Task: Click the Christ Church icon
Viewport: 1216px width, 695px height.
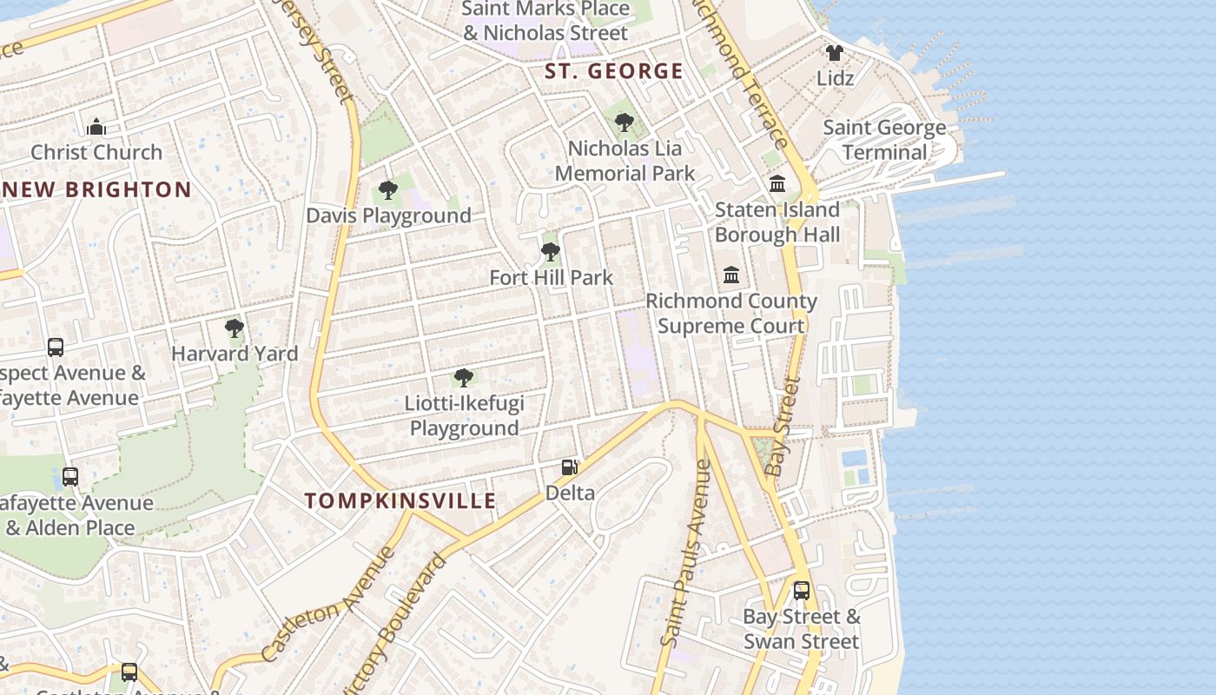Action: (x=96, y=128)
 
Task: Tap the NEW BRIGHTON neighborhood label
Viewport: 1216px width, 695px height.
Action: (x=96, y=189)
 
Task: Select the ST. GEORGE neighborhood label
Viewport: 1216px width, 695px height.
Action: (x=614, y=71)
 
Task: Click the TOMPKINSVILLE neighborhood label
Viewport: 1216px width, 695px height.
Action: (x=401, y=500)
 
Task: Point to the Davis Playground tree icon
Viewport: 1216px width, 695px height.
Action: (x=388, y=190)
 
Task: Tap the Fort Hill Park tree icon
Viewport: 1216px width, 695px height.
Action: (x=550, y=252)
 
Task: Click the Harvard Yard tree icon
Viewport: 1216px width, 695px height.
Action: (x=234, y=328)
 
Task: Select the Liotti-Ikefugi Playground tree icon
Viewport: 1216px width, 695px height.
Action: (x=464, y=378)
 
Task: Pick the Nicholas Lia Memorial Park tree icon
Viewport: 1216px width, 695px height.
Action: (x=624, y=122)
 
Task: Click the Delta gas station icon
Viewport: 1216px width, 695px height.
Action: (x=570, y=467)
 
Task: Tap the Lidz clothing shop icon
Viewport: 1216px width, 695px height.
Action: (x=835, y=53)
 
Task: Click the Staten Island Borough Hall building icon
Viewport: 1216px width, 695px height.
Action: (x=777, y=184)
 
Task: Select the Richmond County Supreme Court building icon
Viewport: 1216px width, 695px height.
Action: (x=731, y=275)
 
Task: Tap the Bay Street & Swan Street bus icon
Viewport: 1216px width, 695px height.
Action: (x=802, y=591)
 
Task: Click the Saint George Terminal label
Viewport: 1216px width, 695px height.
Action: (x=884, y=140)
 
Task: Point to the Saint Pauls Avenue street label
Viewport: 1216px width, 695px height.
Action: (x=685, y=553)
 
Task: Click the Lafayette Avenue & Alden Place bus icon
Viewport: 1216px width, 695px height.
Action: (x=70, y=477)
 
